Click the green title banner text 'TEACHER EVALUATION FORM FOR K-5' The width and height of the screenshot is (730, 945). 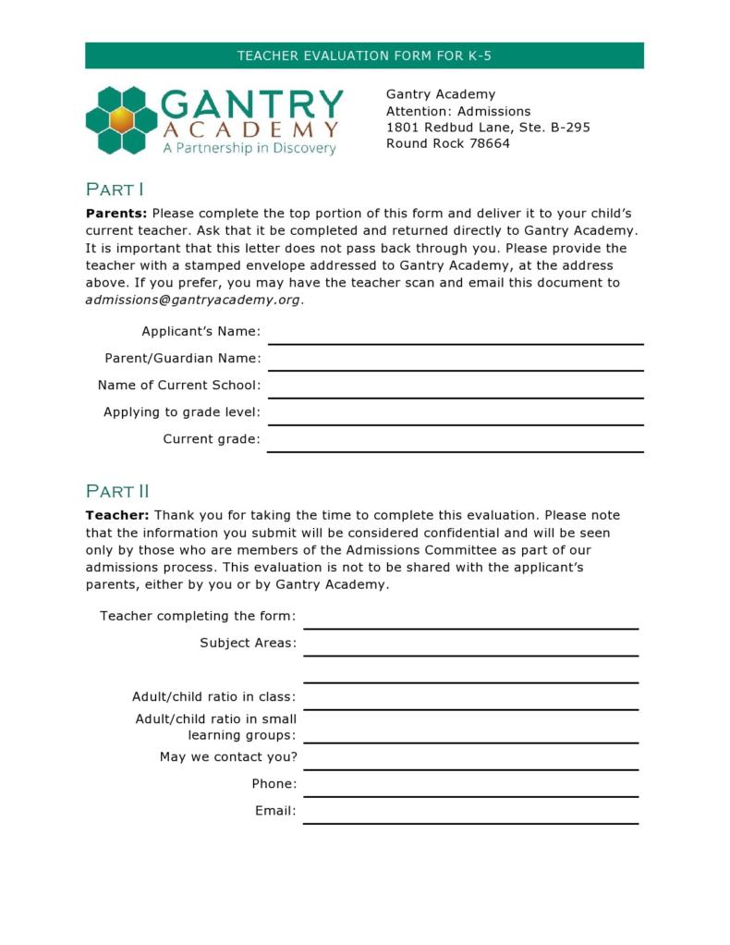364,55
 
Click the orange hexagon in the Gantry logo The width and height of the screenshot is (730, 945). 122,120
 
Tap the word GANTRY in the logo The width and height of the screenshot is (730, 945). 251,104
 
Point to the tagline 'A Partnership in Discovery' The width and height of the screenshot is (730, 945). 249,148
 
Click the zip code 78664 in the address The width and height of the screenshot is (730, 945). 490,143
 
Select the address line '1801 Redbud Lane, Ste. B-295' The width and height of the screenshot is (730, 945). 488,128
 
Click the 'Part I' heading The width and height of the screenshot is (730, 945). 115,190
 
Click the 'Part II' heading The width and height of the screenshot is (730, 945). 117,491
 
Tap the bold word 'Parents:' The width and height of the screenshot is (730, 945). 116,214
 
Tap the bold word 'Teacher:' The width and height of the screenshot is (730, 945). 117,515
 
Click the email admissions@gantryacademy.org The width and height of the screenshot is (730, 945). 193,300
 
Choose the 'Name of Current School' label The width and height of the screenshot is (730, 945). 179,386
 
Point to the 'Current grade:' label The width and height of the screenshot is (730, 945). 212,439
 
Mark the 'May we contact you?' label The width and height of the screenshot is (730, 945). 228,757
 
